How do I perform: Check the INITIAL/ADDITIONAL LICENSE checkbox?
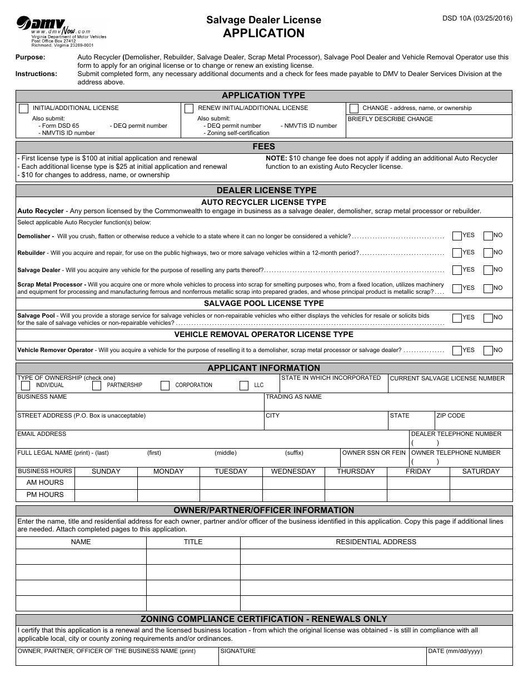23,108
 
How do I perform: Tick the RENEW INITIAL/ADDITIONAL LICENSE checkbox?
189,108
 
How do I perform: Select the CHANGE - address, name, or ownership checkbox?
354,108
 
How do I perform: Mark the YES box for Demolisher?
457,236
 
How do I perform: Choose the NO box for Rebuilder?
488,253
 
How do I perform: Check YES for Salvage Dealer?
457,270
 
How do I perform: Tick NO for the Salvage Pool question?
488,318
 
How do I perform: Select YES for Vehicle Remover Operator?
457,351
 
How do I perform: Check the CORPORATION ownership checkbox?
165,385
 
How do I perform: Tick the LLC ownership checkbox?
243,385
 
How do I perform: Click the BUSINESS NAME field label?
42,397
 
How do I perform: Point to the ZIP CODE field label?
451,415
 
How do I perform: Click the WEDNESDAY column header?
293,471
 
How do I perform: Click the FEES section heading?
263,147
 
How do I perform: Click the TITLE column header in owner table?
193,542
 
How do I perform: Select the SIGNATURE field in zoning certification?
322,659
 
